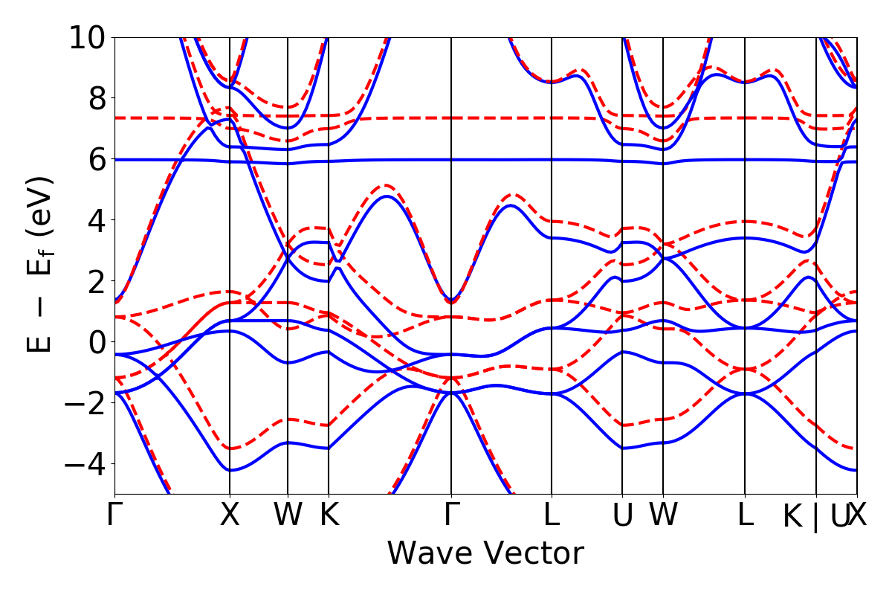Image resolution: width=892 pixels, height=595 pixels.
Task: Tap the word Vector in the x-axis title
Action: (x=533, y=553)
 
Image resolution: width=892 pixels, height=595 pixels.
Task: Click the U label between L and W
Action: (x=622, y=515)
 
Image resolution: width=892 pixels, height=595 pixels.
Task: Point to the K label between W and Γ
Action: (x=329, y=515)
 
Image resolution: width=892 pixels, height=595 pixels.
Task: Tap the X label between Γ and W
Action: (x=230, y=515)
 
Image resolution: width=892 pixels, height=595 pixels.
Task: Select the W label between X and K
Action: (x=288, y=515)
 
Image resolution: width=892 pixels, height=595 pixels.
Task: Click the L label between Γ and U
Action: (x=552, y=515)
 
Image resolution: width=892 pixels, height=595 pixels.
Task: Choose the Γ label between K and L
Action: (x=450, y=515)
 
